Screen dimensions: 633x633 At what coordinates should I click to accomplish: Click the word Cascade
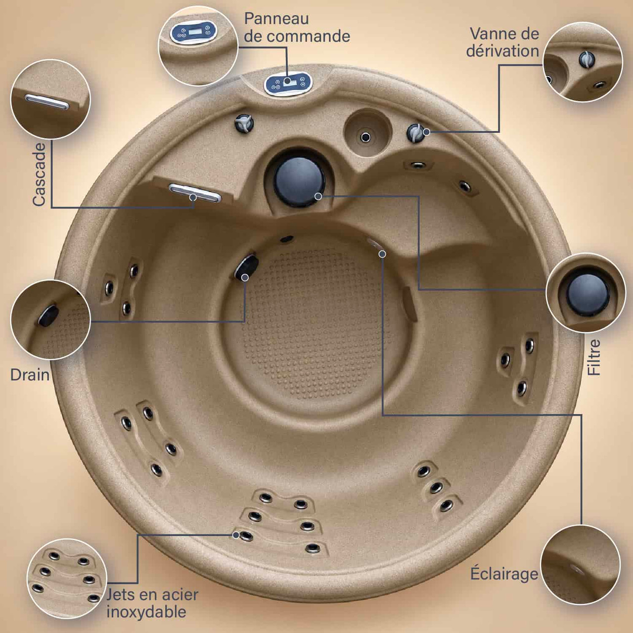point(39,174)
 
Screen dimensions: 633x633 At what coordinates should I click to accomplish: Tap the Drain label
point(30,375)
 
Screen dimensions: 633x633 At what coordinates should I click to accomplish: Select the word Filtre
point(594,357)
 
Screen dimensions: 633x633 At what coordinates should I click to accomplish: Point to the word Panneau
point(276,19)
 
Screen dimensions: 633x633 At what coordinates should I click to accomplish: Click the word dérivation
point(502,51)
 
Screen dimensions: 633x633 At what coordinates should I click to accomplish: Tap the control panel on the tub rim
point(288,84)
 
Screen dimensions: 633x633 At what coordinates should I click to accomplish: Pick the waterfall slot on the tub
point(195,193)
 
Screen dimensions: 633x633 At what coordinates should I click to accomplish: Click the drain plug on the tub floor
point(246,268)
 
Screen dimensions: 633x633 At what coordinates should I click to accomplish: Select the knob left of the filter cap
point(244,123)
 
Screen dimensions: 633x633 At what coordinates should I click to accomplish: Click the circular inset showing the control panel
point(198,45)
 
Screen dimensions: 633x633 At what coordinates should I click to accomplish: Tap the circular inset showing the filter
point(586,293)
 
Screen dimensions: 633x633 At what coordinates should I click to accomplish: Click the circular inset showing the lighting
point(581,565)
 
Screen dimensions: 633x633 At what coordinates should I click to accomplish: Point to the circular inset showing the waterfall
point(50,99)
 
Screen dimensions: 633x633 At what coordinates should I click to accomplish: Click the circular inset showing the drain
point(50,319)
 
